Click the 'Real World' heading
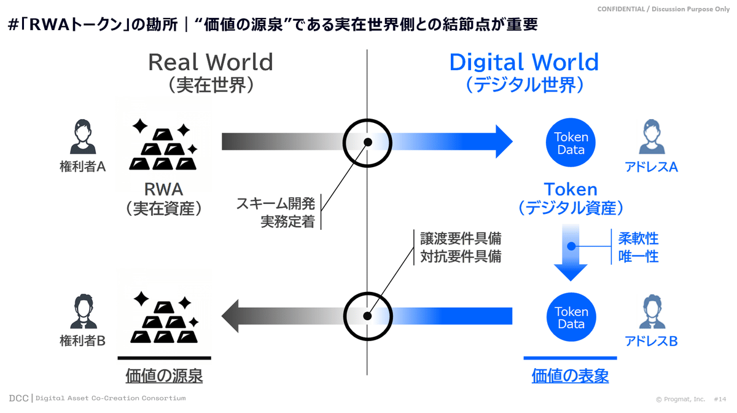[211, 62]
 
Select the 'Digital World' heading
[524, 62]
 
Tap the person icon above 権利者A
[83, 136]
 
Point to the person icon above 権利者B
[84, 311]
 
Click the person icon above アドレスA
[652, 136]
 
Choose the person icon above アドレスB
[652, 311]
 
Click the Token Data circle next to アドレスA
[571, 143]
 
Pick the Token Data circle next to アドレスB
[571, 317]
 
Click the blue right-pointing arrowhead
[504, 141]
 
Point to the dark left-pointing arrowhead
[230, 316]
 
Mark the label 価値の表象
[570, 376]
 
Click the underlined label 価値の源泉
[164, 376]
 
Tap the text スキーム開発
[276, 203]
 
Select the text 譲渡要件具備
[461, 238]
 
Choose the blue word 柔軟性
[638, 238]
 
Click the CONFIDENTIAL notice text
[663, 9]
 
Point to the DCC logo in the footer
[19, 398]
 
